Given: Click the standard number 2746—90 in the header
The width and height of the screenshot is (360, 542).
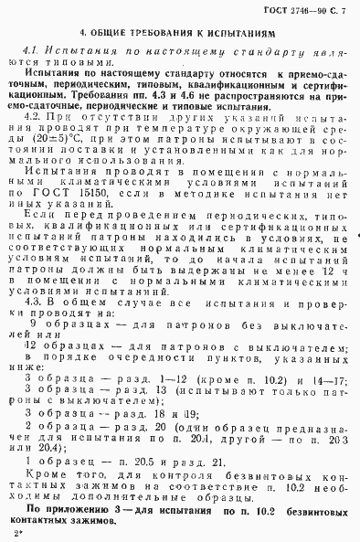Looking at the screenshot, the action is coord(310,9).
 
